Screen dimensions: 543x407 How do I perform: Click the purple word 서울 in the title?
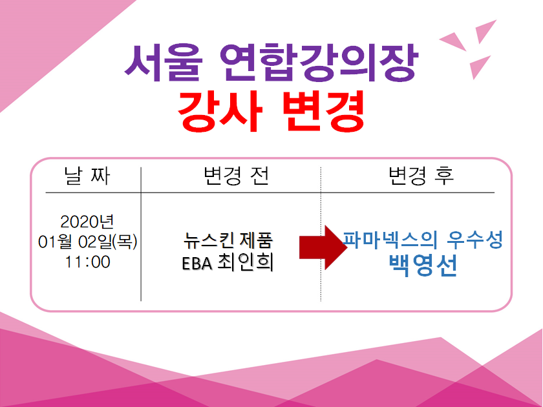[x=164, y=63]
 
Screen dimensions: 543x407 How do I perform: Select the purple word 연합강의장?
[x=319, y=63]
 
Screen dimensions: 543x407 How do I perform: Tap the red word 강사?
[x=220, y=110]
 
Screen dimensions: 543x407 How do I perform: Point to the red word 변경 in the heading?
[x=324, y=110]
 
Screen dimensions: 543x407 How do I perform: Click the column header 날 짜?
[x=87, y=176]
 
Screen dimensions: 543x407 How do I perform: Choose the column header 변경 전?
[x=236, y=176]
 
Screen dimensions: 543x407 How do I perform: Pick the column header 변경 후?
[x=421, y=176]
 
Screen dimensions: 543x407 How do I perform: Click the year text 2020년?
[x=87, y=222]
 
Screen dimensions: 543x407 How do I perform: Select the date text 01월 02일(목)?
[x=88, y=242]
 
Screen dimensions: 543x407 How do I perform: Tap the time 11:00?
[x=88, y=262]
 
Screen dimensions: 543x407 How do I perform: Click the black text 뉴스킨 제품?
[x=228, y=240]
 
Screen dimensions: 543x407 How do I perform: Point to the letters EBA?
[x=197, y=264]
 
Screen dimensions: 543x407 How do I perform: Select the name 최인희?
[x=246, y=262]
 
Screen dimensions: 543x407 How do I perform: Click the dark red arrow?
[x=323, y=247]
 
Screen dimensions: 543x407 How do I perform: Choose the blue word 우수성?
[x=474, y=240]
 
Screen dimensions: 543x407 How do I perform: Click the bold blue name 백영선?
[x=423, y=265]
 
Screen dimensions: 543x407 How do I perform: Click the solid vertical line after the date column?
[x=141, y=234]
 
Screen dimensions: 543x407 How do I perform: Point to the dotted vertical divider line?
[x=321, y=234]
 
